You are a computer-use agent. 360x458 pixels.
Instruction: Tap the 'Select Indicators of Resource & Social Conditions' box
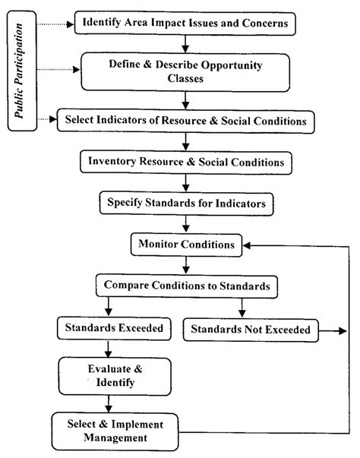pyautogui.click(x=185, y=120)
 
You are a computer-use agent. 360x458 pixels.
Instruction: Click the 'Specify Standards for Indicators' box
pyautogui.click(x=185, y=204)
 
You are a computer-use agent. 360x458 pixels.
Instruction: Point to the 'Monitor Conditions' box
pyautogui.click(x=185, y=245)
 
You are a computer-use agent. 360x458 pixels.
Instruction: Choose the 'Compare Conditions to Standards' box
pyautogui.click(x=185, y=287)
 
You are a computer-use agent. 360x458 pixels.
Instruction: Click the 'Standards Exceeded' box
pyautogui.click(x=107, y=330)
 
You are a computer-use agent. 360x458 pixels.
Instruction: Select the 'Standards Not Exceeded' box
pyautogui.click(x=251, y=330)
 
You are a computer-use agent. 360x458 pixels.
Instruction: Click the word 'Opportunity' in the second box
pyautogui.click(x=218, y=65)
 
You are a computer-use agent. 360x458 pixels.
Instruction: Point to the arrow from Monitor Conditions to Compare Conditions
pyautogui.click(x=185, y=266)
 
